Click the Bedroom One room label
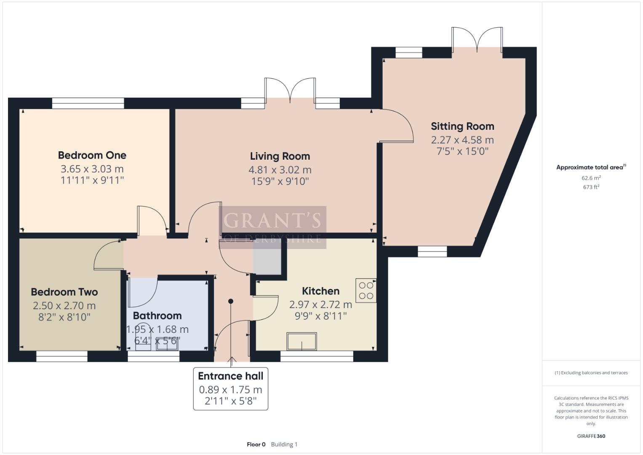[92, 155]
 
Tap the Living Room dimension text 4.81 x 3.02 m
[280, 170]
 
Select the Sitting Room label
[462, 126]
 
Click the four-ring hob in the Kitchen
[366, 290]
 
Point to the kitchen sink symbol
[301, 341]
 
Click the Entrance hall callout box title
[230, 376]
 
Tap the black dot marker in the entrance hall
[231, 301]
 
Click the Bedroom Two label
[64, 292]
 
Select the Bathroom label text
[157, 316]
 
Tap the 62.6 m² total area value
[591, 178]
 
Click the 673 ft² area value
[591, 187]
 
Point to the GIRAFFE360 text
[591, 436]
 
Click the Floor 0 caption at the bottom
[256, 444]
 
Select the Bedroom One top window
[88, 103]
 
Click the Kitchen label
[320, 291]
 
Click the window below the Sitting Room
[432, 252]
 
